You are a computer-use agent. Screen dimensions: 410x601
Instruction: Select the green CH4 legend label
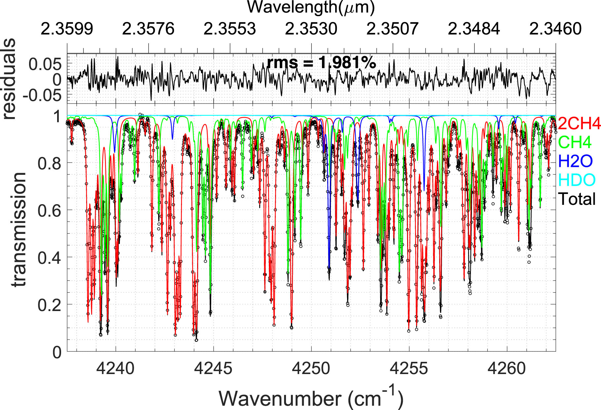pyautogui.click(x=575, y=142)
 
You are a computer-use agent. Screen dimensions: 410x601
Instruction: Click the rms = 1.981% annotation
pyautogui.click(x=321, y=62)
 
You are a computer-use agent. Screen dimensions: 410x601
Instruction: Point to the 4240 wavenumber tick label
pyautogui.click(x=115, y=368)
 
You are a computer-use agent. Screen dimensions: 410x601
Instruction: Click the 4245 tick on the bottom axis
pyautogui.click(x=213, y=368)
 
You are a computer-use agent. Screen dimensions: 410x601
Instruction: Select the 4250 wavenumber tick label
pyautogui.click(x=311, y=368)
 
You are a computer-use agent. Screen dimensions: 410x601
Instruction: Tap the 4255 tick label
pyautogui.click(x=408, y=368)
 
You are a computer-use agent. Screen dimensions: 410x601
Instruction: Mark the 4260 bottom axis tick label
pyautogui.click(x=506, y=368)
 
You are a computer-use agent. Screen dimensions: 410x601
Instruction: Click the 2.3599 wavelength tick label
pyautogui.click(x=67, y=29)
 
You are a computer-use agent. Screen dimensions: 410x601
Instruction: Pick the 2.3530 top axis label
pyautogui.click(x=311, y=29)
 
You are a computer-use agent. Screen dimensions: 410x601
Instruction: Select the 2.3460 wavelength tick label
pyautogui.click(x=555, y=29)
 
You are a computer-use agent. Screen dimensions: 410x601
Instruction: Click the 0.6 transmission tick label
pyautogui.click(x=49, y=210)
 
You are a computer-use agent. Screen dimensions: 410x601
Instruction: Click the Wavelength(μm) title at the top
pyautogui.click(x=311, y=7)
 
